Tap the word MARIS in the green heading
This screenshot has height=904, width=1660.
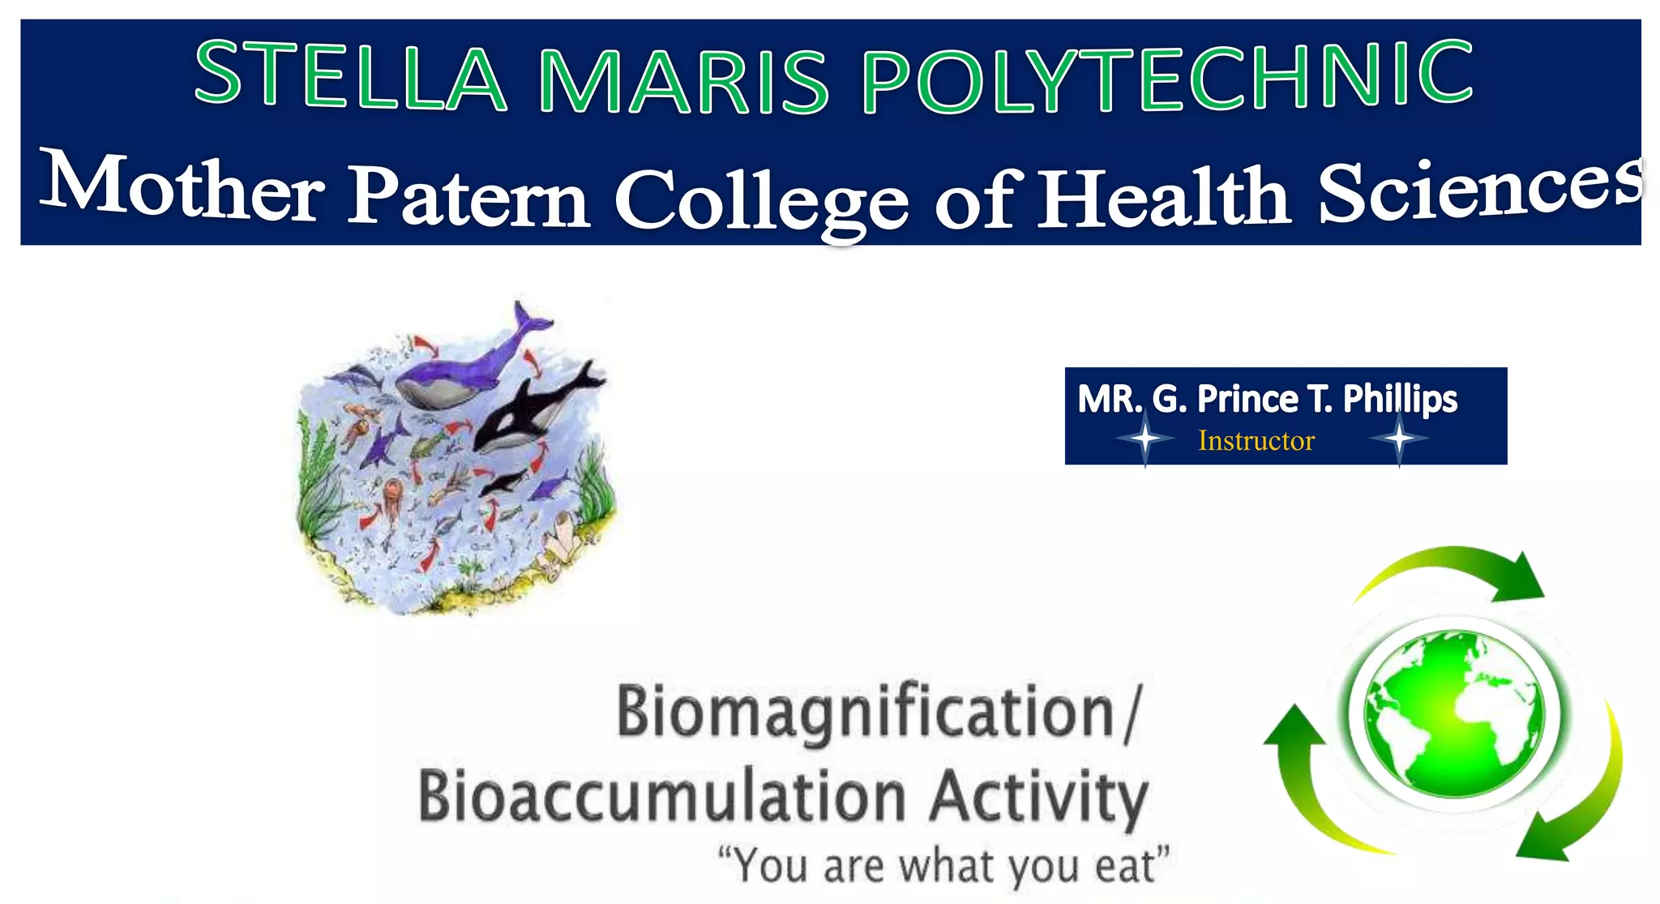pyautogui.click(x=682, y=80)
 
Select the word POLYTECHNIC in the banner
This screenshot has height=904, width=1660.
pyautogui.click(x=1167, y=77)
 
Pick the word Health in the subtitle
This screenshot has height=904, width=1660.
pyautogui.click(x=1165, y=195)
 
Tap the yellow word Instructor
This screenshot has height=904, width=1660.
pyautogui.click(x=1256, y=441)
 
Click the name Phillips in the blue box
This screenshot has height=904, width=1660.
pyautogui.click(x=1400, y=399)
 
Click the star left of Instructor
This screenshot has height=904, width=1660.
pyautogui.click(x=1144, y=439)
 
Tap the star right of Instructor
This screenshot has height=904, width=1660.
pyautogui.click(x=1399, y=439)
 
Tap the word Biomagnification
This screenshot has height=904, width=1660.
pyautogui.click(x=866, y=713)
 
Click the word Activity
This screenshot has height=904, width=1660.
pyautogui.click(x=1038, y=797)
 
